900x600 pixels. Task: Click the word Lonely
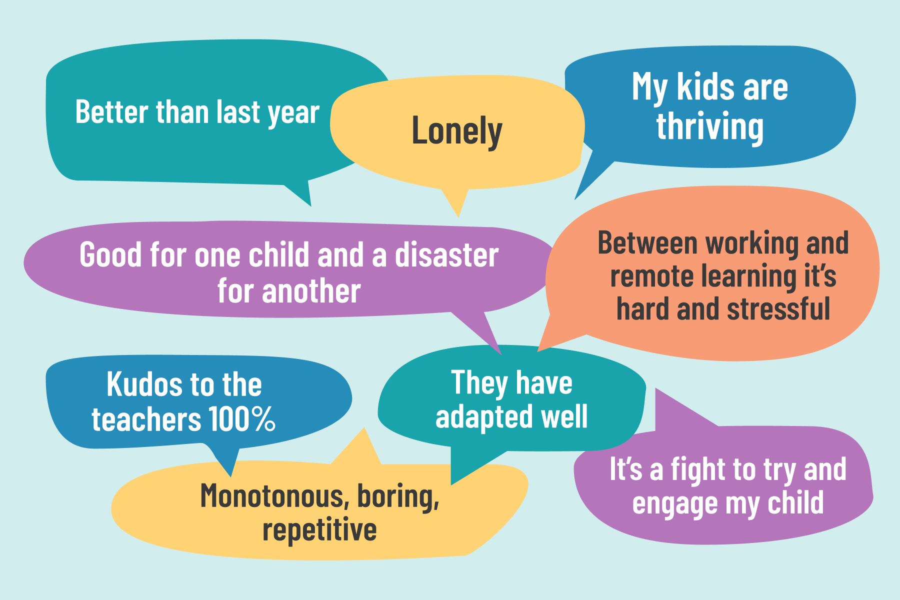pyautogui.click(x=456, y=131)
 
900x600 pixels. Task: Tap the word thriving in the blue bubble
pyautogui.click(x=709, y=127)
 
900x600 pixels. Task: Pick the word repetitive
pyautogui.click(x=319, y=530)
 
